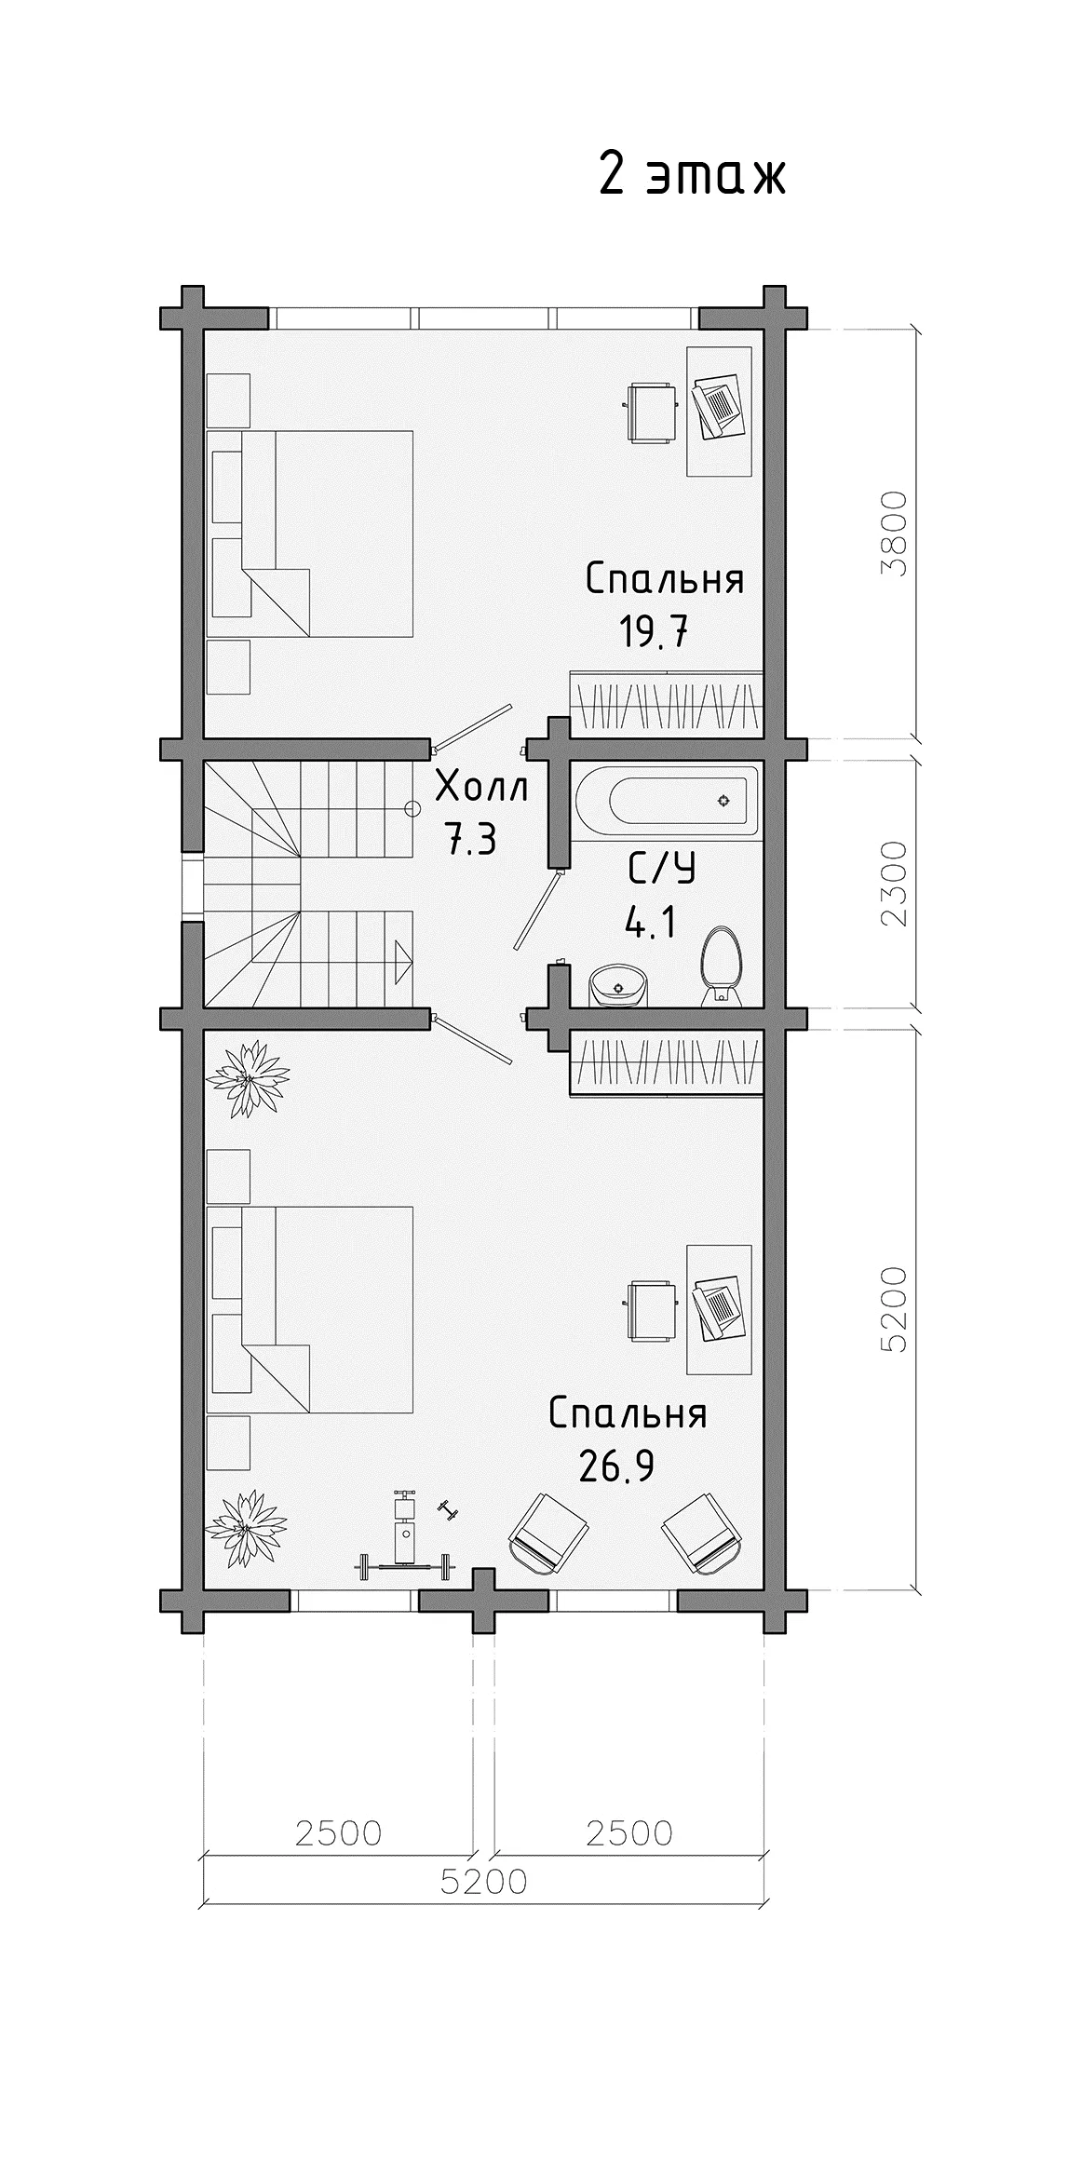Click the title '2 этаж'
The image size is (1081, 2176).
coord(692,173)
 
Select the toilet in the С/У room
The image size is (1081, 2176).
coord(722,966)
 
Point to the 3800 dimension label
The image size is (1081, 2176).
coord(895,534)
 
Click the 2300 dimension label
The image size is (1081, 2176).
coord(895,884)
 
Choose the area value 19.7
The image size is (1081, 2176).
coord(655,633)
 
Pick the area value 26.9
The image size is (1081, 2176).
coord(616,1467)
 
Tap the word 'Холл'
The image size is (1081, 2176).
coord(482,788)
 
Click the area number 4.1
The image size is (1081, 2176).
coord(649,926)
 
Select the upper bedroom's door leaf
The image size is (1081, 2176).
coord(473,725)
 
